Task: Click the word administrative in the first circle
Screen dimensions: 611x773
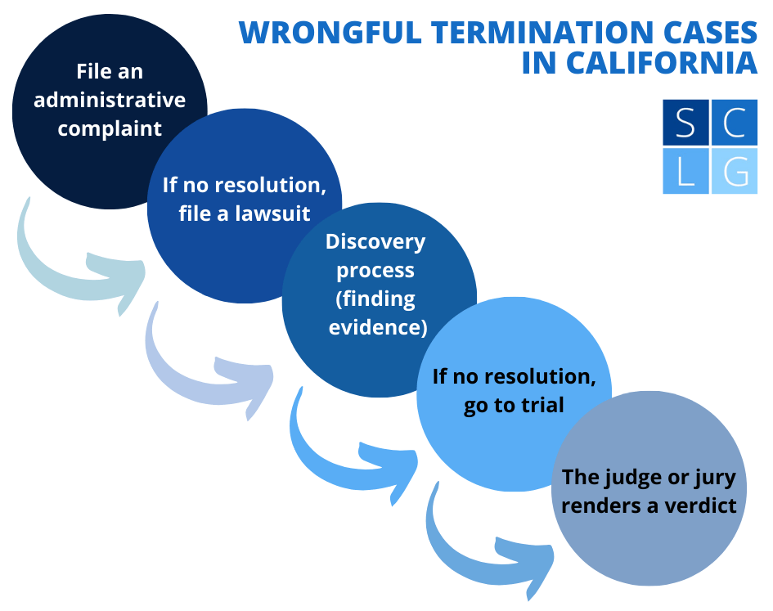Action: tap(110, 100)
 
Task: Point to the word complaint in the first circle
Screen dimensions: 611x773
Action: tap(110, 128)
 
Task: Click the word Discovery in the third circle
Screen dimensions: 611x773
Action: tap(375, 241)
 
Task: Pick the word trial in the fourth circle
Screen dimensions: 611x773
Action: tap(540, 405)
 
